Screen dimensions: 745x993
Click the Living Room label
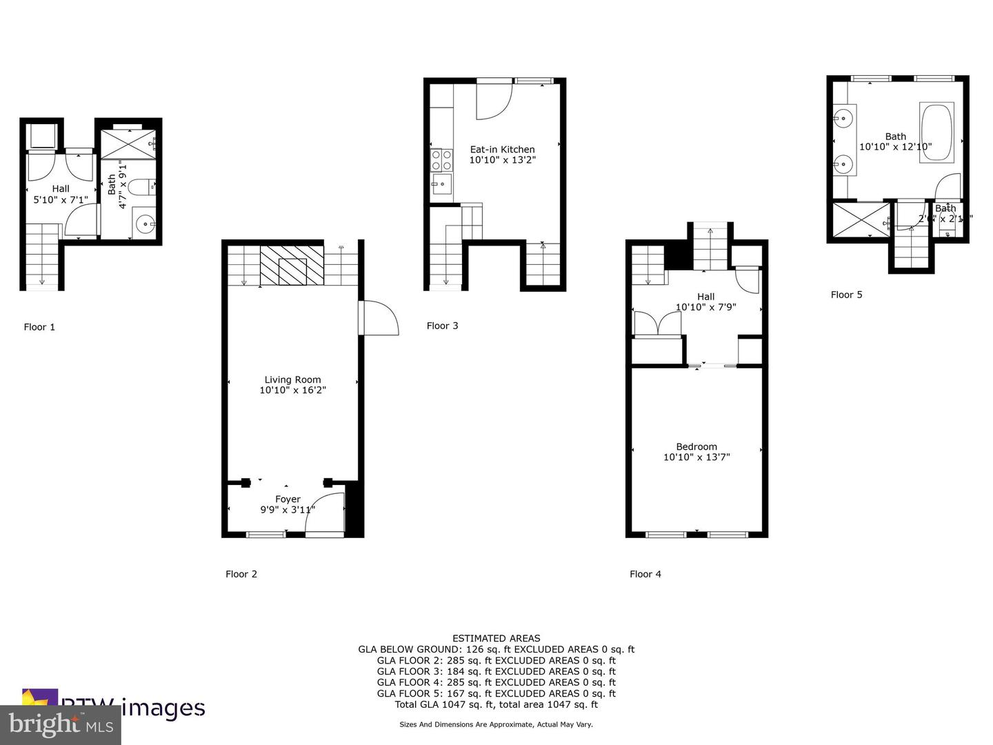pos(292,379)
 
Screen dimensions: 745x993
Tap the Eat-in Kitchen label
pos(502,149)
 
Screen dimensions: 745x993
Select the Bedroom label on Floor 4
pos(696,446)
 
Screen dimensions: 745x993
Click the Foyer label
pos(288,499)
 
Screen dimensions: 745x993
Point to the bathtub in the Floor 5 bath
pos(936,132)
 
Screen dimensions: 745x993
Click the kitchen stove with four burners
pos(441,160)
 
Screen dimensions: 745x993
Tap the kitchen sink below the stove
pos(441,183)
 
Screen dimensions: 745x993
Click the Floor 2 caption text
pos(241,574)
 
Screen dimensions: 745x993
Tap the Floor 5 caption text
pos(846,295)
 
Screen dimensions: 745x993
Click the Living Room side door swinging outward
pos(379,319)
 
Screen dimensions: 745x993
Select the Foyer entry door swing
pos(325,514)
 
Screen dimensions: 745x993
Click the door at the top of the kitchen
pos(494,100)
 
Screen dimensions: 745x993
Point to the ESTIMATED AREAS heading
pos(496,638)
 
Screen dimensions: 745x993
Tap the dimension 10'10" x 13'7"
pos(696,457)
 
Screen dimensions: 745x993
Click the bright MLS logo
pos(61,724)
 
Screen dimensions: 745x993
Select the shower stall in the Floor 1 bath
pos(128,144)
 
